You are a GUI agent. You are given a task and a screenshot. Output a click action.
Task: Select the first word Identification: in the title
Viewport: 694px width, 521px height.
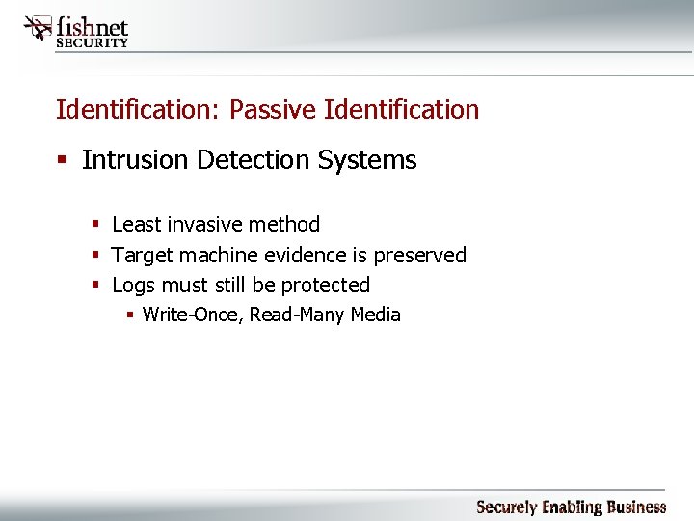tap(139, 110)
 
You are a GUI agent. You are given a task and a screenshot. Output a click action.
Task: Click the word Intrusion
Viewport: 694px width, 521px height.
tap(135, 160)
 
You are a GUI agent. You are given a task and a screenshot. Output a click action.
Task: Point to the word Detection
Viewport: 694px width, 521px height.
tap(248, 160)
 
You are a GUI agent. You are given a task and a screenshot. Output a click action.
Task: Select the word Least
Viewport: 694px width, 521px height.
tap(135, 225)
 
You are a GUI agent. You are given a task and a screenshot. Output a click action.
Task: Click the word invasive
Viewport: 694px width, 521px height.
tap(207, 225)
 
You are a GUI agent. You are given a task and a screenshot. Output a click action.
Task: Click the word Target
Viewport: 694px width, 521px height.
tap(141, 256)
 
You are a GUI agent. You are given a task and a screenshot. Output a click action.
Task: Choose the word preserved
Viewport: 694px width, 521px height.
tap(419, 256)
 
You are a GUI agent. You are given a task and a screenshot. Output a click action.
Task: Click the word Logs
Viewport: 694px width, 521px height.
tap(134, 286)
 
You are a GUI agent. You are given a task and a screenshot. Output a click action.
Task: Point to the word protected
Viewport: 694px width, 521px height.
tap(325, 286)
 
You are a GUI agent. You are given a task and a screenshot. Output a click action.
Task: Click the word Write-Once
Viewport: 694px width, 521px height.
tap(192, 315)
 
